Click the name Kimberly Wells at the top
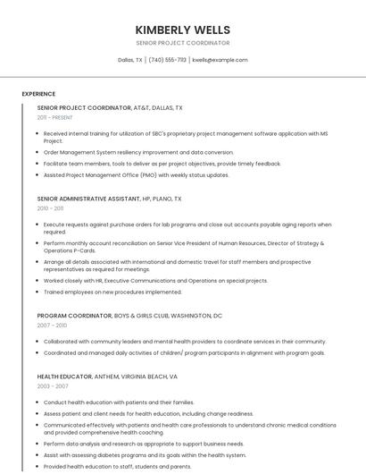pos(183,30)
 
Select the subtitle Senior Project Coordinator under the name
pos(183,43)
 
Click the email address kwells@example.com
pos(220,60)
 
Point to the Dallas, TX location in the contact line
pos(130,60)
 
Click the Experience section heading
pos(38,94)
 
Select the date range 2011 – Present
pos(54,117)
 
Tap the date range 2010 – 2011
pos(50,208)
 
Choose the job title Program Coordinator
pos(74,316)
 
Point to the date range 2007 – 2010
pos(52,326)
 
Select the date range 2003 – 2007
pos(52,387)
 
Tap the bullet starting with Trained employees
pos(112,292)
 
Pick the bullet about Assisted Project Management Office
pos(136,175)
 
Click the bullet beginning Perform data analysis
pos(143,444)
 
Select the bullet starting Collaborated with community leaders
pos(185,342)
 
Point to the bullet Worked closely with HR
pos(155,280)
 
